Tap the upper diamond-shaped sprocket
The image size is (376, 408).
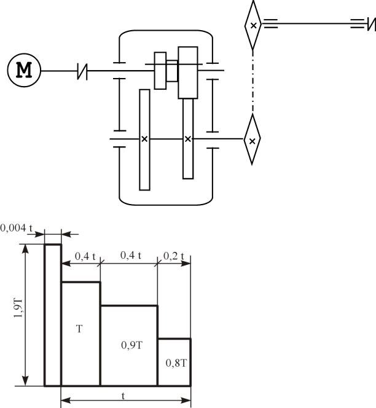253,25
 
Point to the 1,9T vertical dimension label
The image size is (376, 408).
18,315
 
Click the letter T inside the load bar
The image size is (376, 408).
80,329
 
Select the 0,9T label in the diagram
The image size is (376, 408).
129,345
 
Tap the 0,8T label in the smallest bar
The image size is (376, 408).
174,363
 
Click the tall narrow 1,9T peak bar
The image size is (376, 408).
52,315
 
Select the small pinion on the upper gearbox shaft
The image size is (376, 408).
160,71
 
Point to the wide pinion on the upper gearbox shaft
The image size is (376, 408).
188,73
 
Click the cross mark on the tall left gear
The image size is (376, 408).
144,139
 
